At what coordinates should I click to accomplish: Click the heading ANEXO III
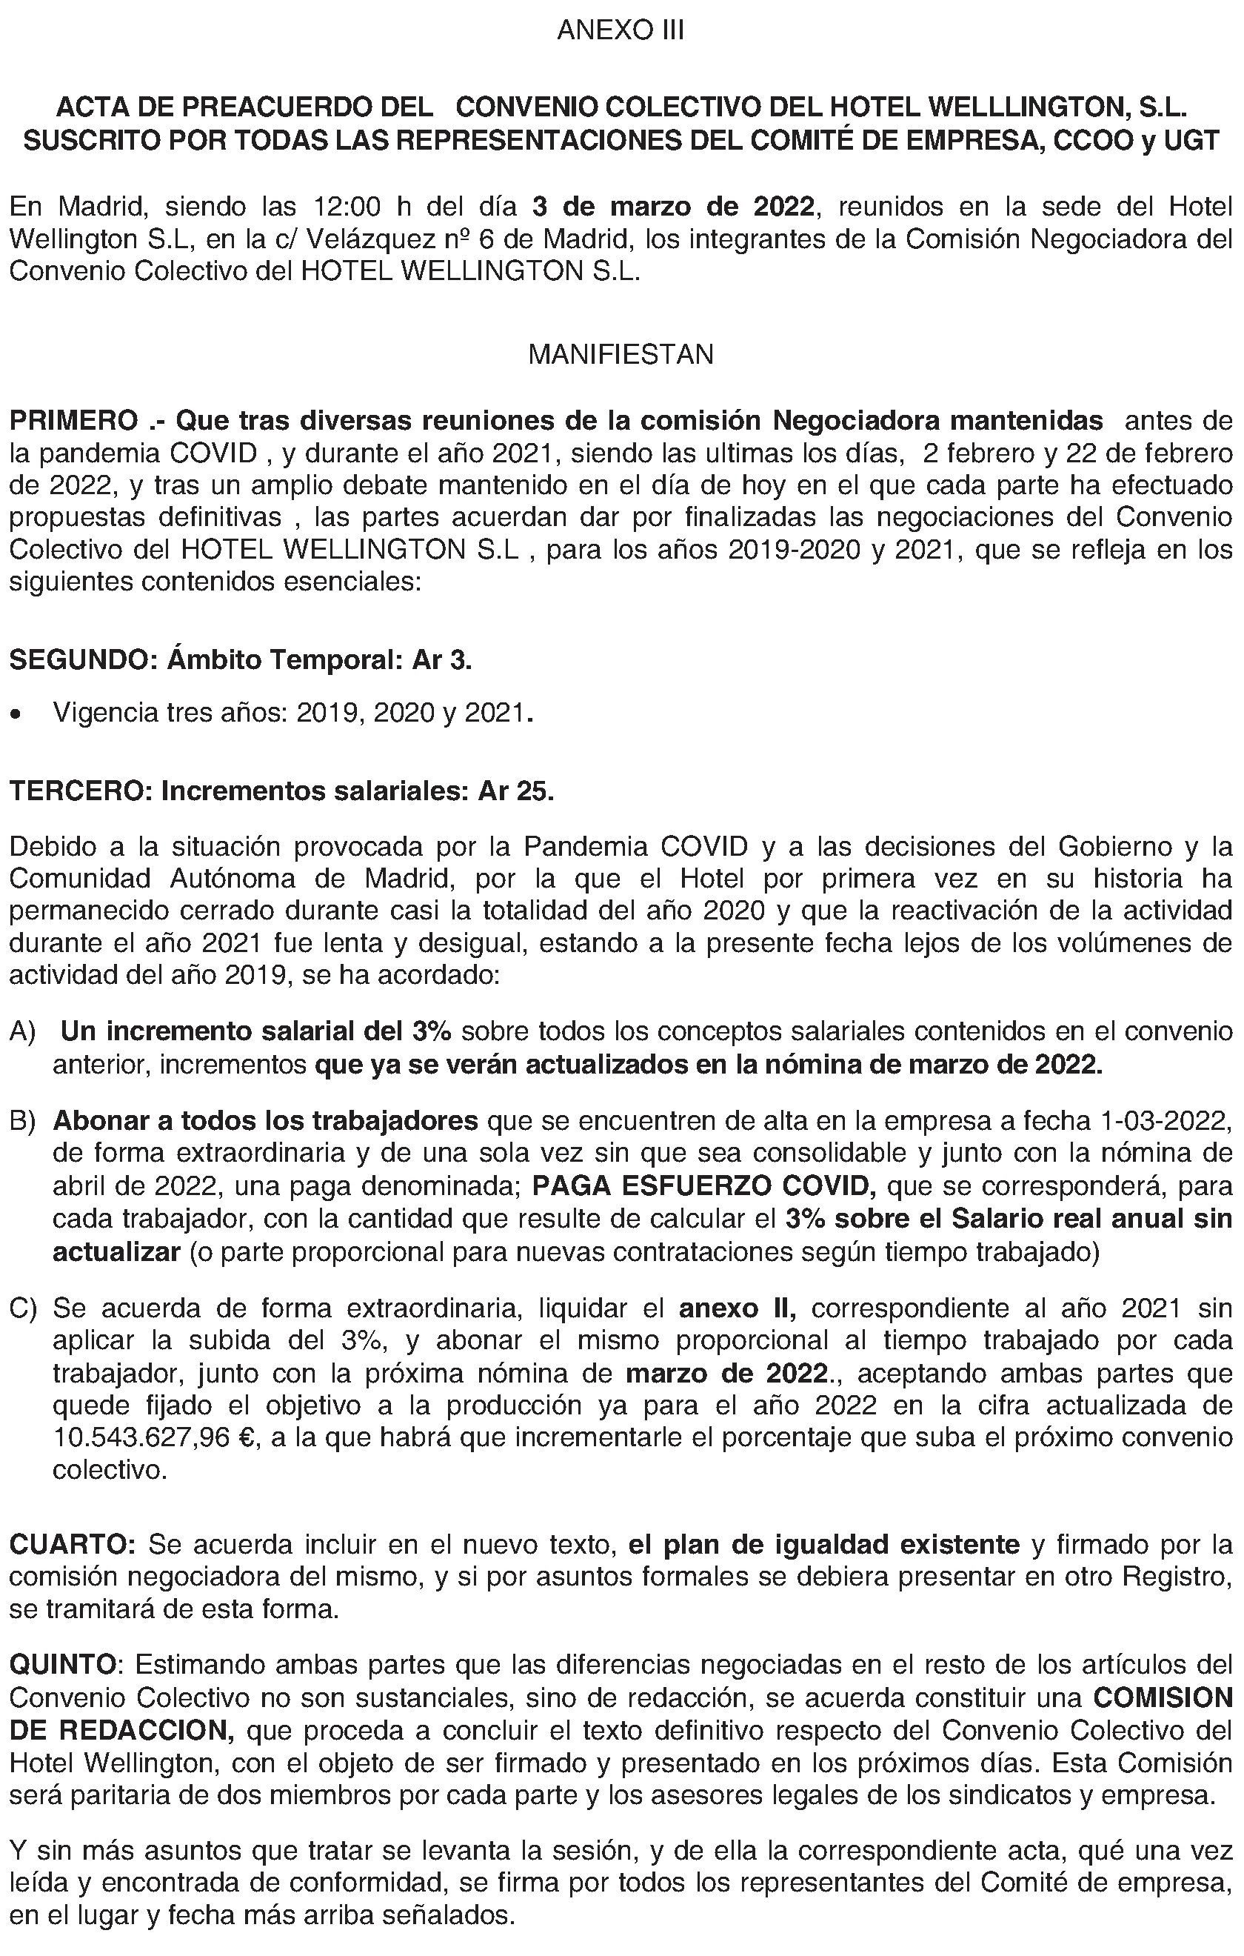[621, 31]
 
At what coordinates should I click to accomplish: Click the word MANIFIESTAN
[621, 355]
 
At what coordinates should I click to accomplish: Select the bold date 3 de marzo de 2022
[673, 207]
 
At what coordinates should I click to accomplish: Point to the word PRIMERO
[73, 421]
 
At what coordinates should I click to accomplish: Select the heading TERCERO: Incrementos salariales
[281, 791]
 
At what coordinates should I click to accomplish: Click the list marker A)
[23, 1031]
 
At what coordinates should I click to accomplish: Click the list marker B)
[23, 1121]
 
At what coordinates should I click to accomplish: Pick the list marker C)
[23, 1308]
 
